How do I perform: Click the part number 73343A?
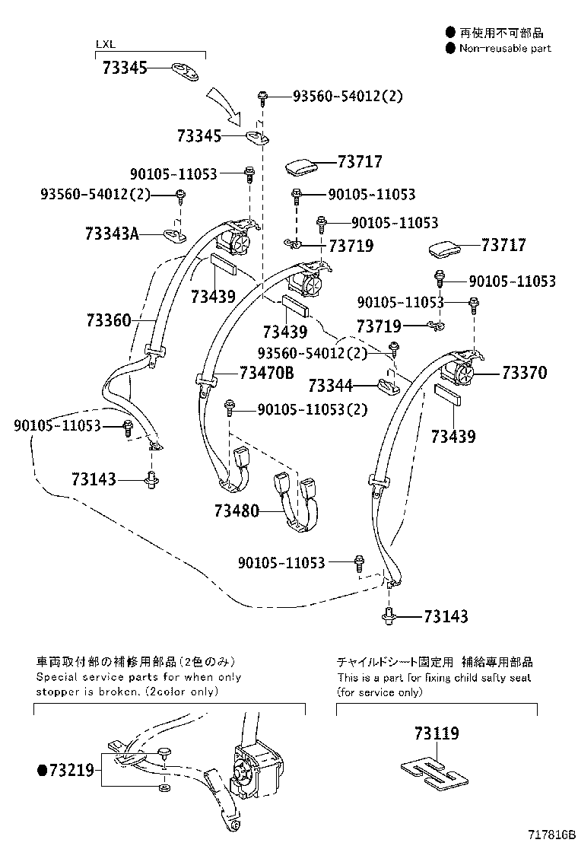pyautogui.click(x=112, y=234)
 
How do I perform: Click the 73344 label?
pyautogui.click(x=332, y=386)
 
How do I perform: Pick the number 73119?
pyautogui.click(x=437, y=733)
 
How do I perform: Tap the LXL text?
pyautogui.click(x=105, y=44)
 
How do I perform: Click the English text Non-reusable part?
pyautogui.click(x=504, y=48)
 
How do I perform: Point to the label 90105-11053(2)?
pyautogui.click(x=313, y=409)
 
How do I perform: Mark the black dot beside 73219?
pyautogui.click(x=42, y=771)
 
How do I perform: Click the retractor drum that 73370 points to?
pyautogui.click(x=463, y=374)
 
